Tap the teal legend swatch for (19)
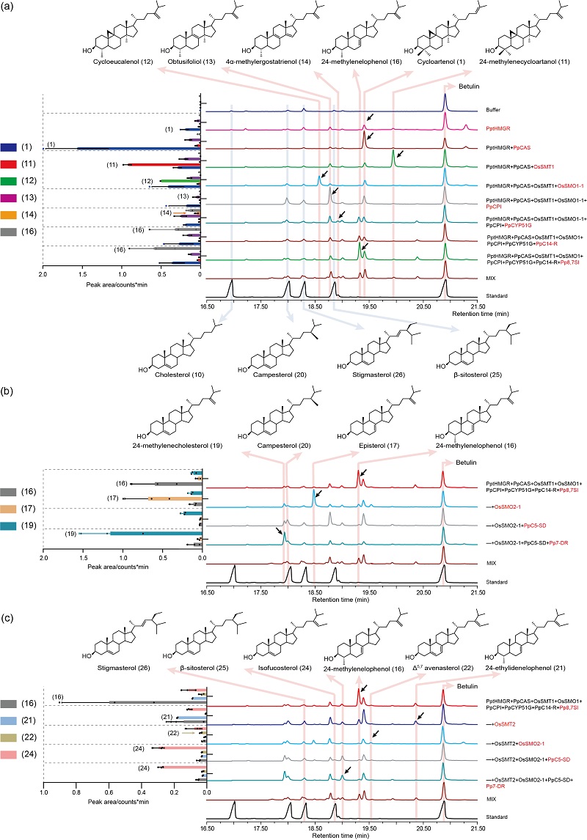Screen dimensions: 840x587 pyautogui.click(x=10, y=526)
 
